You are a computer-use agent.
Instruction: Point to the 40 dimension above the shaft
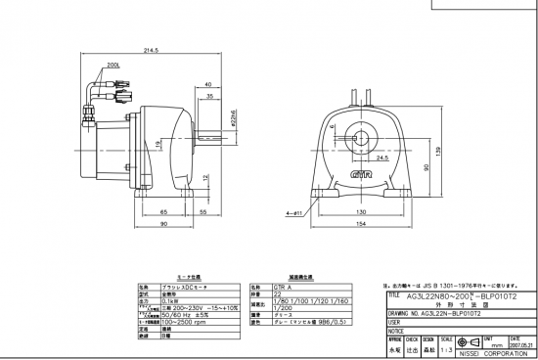pos(208,85)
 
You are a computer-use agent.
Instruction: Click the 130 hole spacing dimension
pos(361,211)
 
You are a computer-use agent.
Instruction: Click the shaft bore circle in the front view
pos(361,135)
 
